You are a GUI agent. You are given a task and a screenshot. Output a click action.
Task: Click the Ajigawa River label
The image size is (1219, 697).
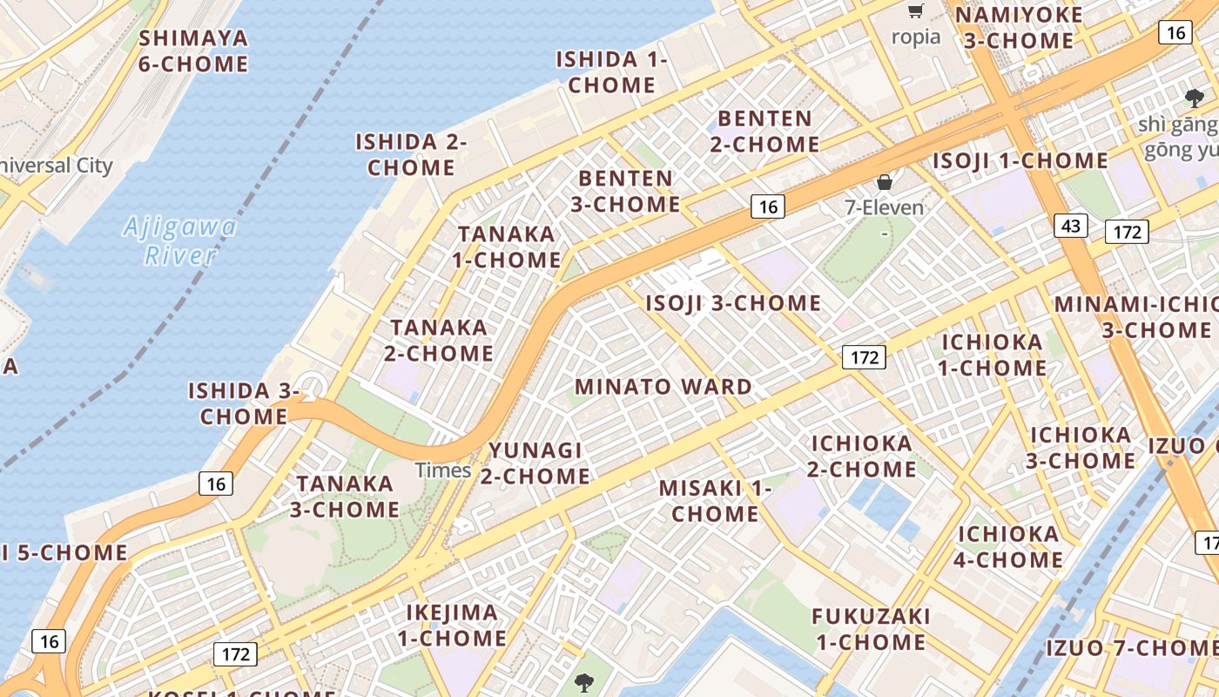[180, 241]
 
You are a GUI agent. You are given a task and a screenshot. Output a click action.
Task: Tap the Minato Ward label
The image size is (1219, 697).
[663, 387]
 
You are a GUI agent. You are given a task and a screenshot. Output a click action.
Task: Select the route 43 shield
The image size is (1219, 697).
[1070, 227]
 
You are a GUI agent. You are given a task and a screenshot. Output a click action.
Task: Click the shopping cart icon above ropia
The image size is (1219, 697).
[915, 11]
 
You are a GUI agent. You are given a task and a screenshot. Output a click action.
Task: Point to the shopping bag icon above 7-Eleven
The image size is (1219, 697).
[885, 182]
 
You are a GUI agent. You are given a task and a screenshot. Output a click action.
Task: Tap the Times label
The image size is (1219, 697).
[443, 470]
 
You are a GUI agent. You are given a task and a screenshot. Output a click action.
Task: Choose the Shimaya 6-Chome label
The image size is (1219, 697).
[193, 51]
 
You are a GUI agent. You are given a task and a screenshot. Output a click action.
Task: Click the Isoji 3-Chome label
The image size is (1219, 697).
[733, 303]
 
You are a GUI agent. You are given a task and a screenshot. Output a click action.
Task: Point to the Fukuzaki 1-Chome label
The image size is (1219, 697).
[871, 629]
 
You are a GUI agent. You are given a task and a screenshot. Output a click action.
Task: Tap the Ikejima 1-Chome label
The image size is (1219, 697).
[452, 626]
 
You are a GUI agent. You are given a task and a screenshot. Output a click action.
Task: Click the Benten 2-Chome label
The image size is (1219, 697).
[764, 131]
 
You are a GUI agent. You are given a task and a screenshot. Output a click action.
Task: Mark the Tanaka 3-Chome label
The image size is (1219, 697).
[345, 497]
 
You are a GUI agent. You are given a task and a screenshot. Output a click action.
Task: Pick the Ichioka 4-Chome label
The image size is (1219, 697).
[1008, 546]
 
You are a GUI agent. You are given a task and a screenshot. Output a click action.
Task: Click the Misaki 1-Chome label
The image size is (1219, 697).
[715, 501]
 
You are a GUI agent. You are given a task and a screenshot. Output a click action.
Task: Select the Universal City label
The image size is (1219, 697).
[56, 166]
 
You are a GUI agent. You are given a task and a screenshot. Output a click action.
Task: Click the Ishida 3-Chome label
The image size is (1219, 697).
[244, 403]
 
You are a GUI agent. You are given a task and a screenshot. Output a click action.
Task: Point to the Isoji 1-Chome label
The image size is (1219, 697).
[1020, 161]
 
